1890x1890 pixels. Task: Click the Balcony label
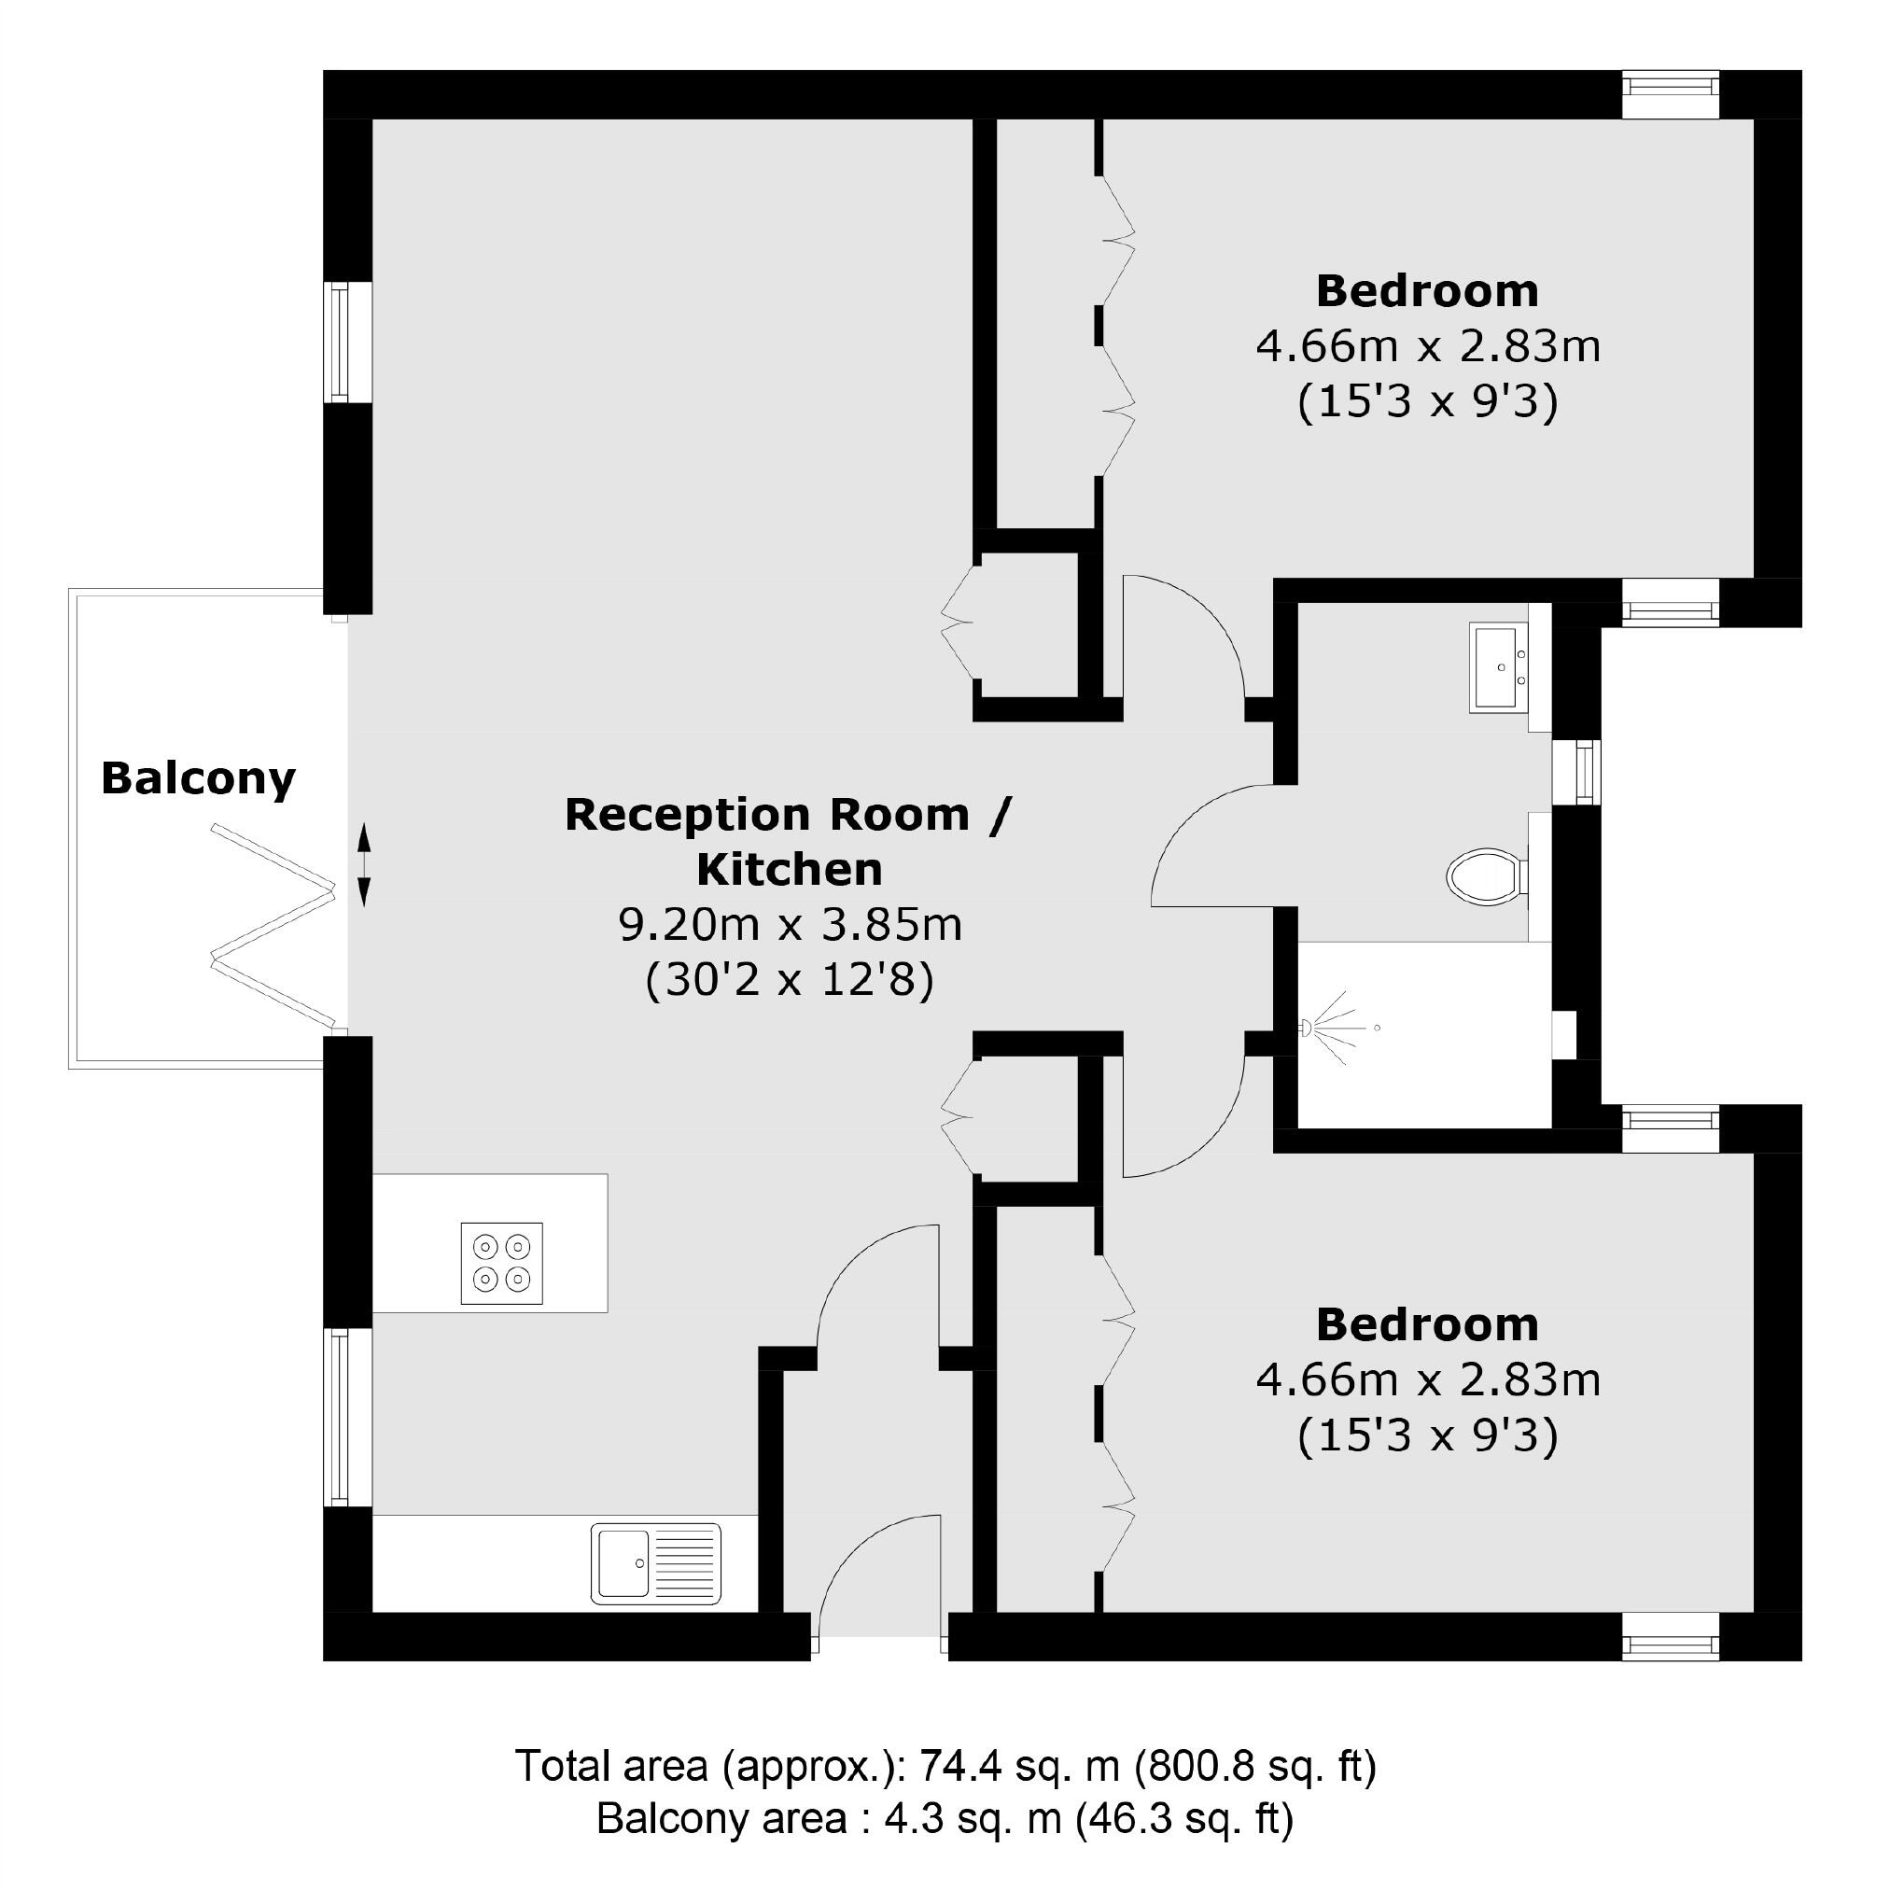[x=198, y=778]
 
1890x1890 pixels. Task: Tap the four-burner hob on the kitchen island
[x=502, y=1263]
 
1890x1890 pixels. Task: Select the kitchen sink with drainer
[x=655, y=1563]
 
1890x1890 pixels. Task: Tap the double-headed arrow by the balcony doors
[x=363, y=865]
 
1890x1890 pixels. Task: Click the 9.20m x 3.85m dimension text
[x=790, y=924]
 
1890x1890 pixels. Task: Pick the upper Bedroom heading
[x=1426, y=291]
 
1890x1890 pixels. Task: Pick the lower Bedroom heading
[x=1426, y=1325]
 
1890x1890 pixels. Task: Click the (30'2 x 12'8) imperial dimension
[x=790, y=979]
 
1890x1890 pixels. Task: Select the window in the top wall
[x=1671, y=95]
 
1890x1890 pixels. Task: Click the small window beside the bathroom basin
[x=1577, y=772]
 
